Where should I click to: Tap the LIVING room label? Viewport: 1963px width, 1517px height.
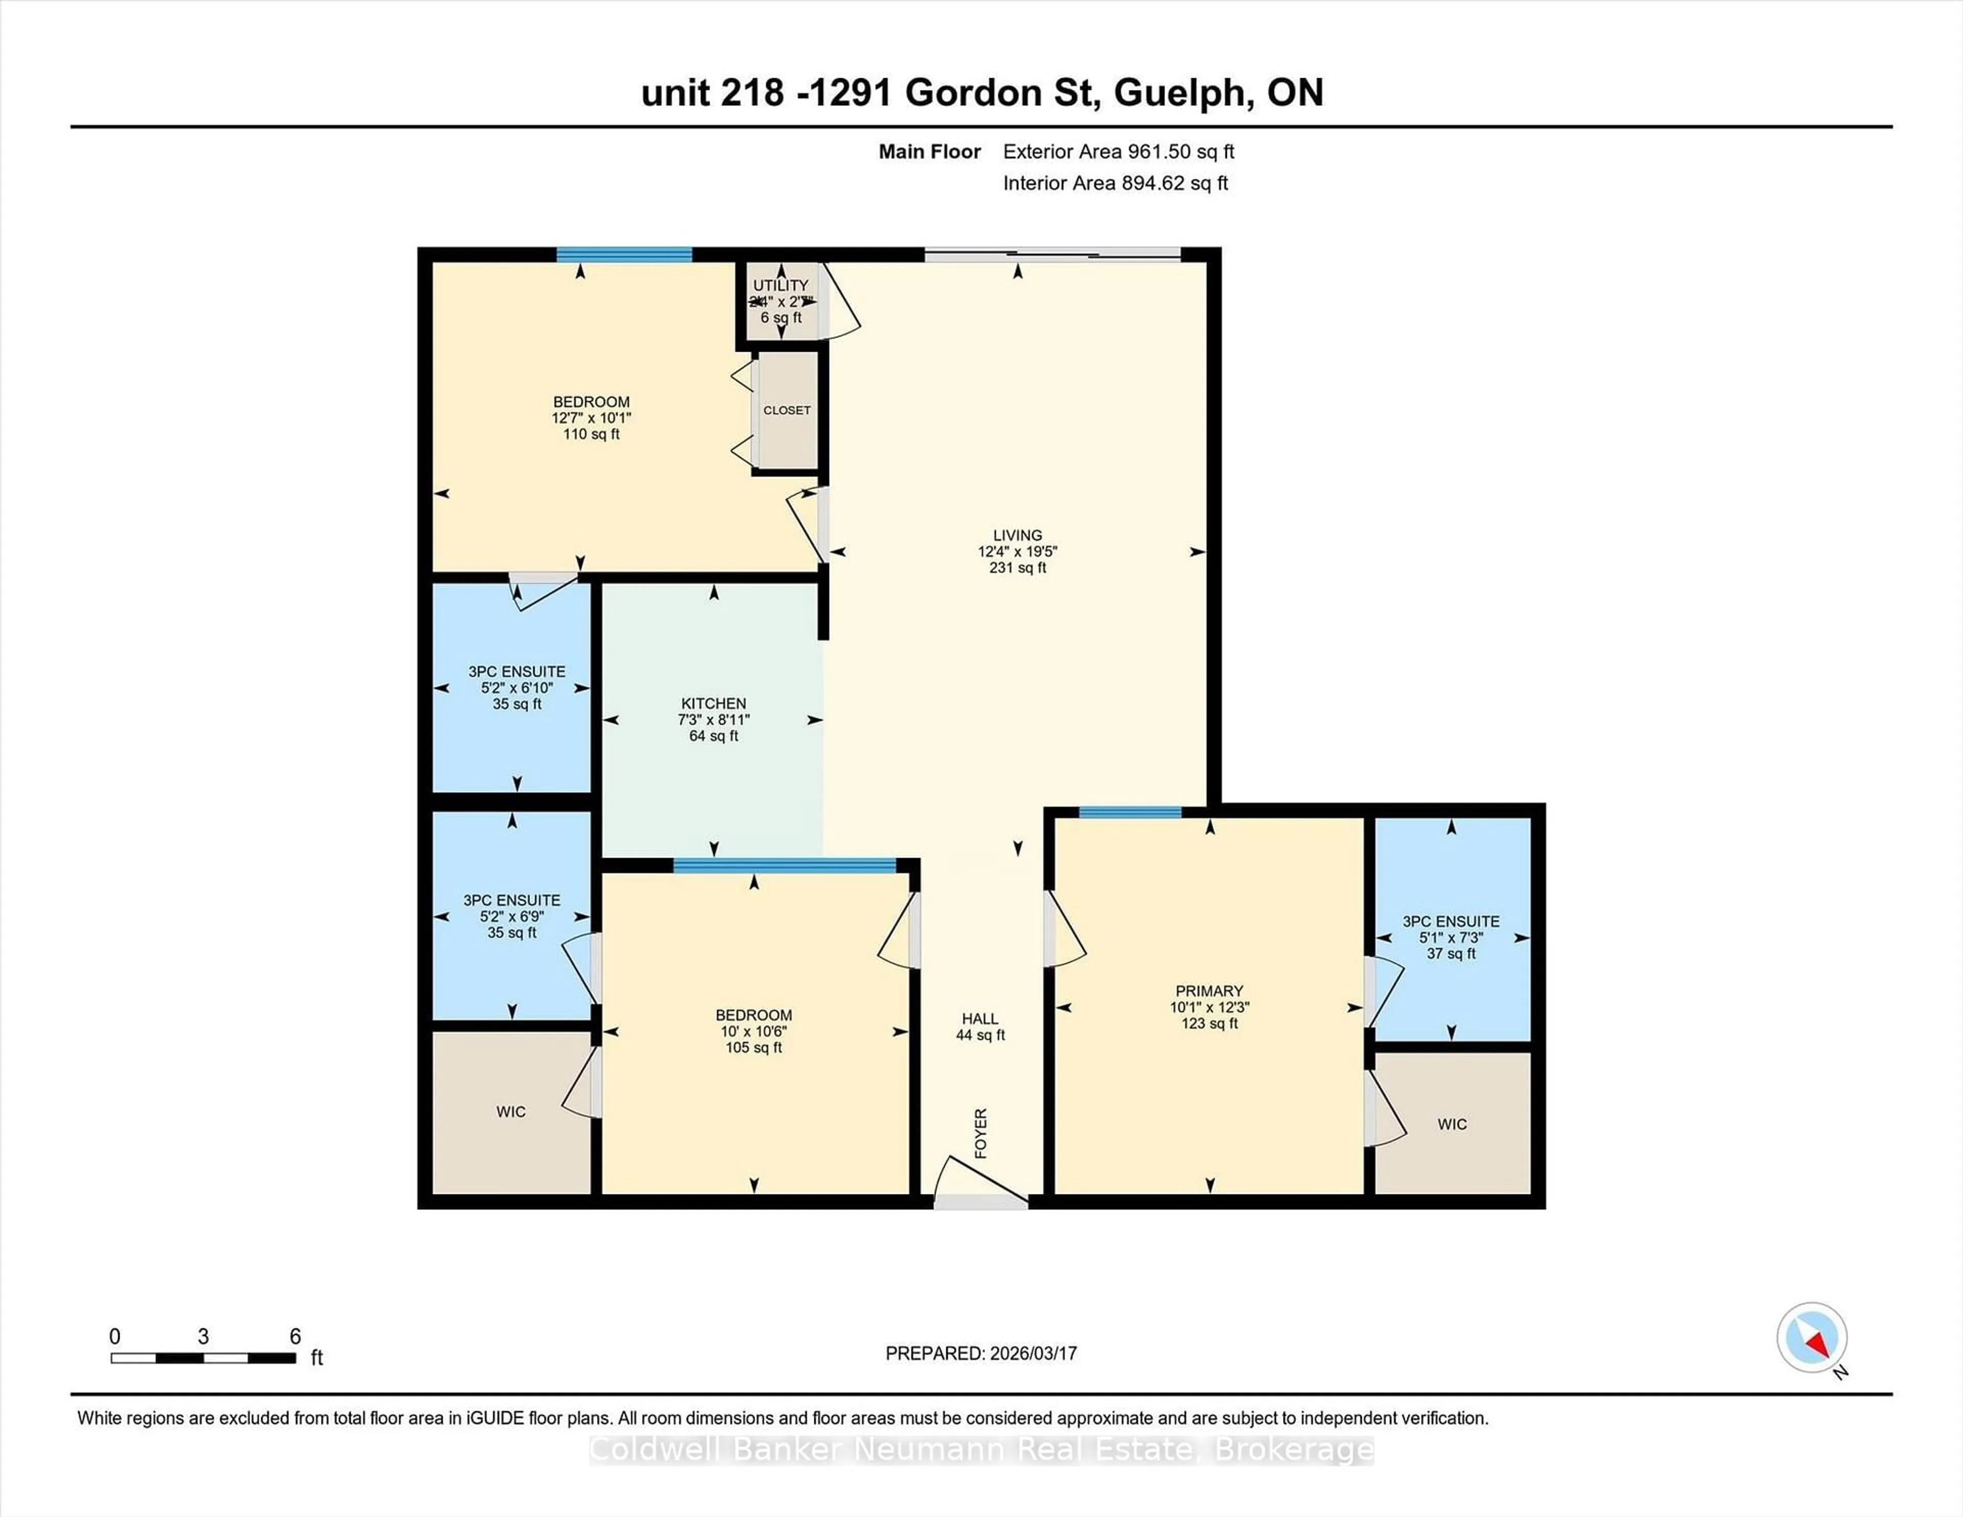1017,535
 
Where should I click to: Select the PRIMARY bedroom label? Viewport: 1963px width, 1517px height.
1209,991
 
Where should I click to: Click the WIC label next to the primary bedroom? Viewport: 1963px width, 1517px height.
1452,1124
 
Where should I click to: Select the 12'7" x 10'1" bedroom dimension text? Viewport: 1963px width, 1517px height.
591,418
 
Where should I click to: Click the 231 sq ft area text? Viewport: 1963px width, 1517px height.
1017,568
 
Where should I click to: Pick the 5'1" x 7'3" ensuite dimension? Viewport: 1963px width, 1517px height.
1451,937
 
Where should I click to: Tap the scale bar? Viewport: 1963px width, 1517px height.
203,1358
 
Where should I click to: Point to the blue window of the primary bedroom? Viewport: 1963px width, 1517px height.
1130,812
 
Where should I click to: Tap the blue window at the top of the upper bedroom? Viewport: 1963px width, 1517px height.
624,255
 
